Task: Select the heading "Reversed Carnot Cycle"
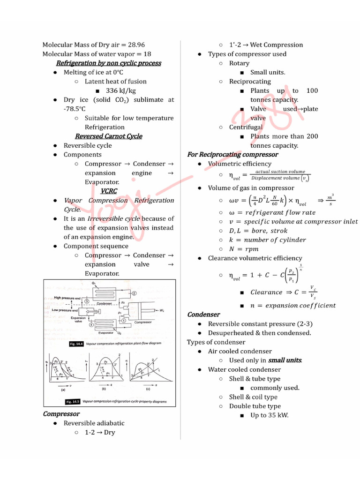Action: pyautogui.click(x=108, y=136)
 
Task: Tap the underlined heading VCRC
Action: pyautogui.click(x=108, y=191)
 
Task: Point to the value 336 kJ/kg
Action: pyautogui.click(x=121, y=90)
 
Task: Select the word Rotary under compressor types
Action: pyautogui.click(x=239, y=63)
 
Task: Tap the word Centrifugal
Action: pyautogui.click(x=246, y=127)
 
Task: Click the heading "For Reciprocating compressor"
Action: pyautogui.click(x=232, y=155)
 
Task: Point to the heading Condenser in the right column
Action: pyautogui.click(x=203, y=315)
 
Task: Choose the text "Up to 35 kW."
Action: pyautogui.click(x=269, y=415)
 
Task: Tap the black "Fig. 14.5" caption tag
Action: pyautogui.click(x=73, y=402)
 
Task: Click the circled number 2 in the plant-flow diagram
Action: pyautogui.click(x=134, y=293)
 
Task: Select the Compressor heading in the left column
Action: pyautogui.click(x=61, y=414)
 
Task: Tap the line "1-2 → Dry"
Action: pyautogui.click(x=100, y=432)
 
